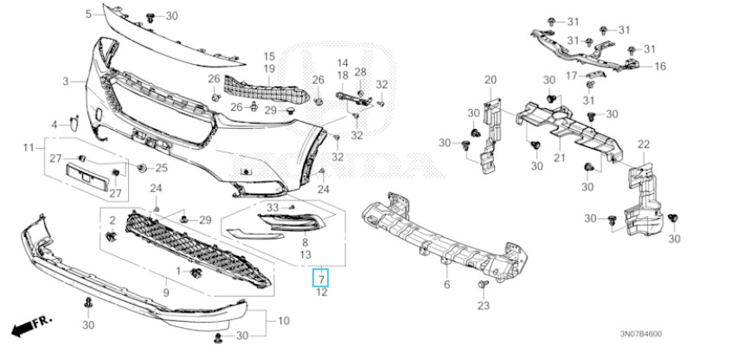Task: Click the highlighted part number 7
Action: click(x=320, y=279)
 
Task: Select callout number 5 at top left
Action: click(x=88, y=15)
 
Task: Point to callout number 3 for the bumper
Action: click(x=65, y=81)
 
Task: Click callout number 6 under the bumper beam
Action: click(x=446, y=285)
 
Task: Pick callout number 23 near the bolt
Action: click(x=484, y=305)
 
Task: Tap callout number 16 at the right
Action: click(x=660, y=66)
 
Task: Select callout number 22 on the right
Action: click(x=643, y=144)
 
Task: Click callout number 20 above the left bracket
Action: click(x=491, y=80)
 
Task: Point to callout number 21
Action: click(x=559, y=158)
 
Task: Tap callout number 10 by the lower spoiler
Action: click(x=283, y=321)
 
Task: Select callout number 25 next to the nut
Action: click(x=162, y=167)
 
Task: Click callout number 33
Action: click(x=272, y=208)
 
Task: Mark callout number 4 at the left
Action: click(x=53, y=125)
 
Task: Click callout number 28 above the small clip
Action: click(x=360, y=72)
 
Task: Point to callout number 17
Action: click(x=572, y=75)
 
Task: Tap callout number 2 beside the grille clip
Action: click(x=111, y=220)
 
